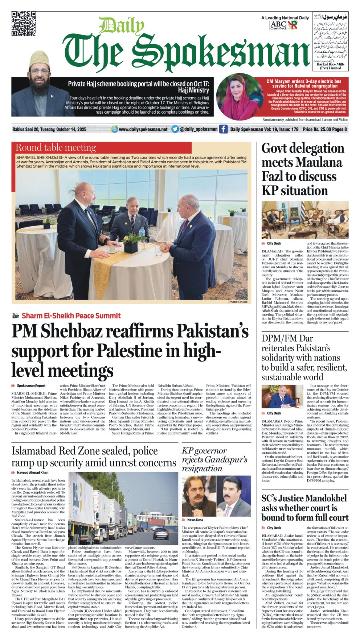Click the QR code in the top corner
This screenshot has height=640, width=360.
click(24, 24)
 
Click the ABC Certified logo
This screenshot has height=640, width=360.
click(278, 25)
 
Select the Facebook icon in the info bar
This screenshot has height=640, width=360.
click(223, 129)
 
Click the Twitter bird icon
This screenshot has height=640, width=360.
click(175, 129)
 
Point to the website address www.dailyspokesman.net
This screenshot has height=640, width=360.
click(143, 129)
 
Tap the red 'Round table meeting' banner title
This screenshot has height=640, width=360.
click(56, 147)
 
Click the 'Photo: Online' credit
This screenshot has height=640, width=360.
click(238, 302)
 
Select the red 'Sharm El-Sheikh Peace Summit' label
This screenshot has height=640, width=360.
click(71, 316)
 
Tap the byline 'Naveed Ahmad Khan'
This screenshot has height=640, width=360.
click(32, 472)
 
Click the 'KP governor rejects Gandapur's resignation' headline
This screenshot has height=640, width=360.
click(214, 459)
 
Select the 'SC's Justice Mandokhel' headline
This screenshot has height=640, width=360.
click(304, 507)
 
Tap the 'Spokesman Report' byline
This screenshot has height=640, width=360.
click(31, 386)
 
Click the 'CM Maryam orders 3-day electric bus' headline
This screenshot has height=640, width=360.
click(304, 83)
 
